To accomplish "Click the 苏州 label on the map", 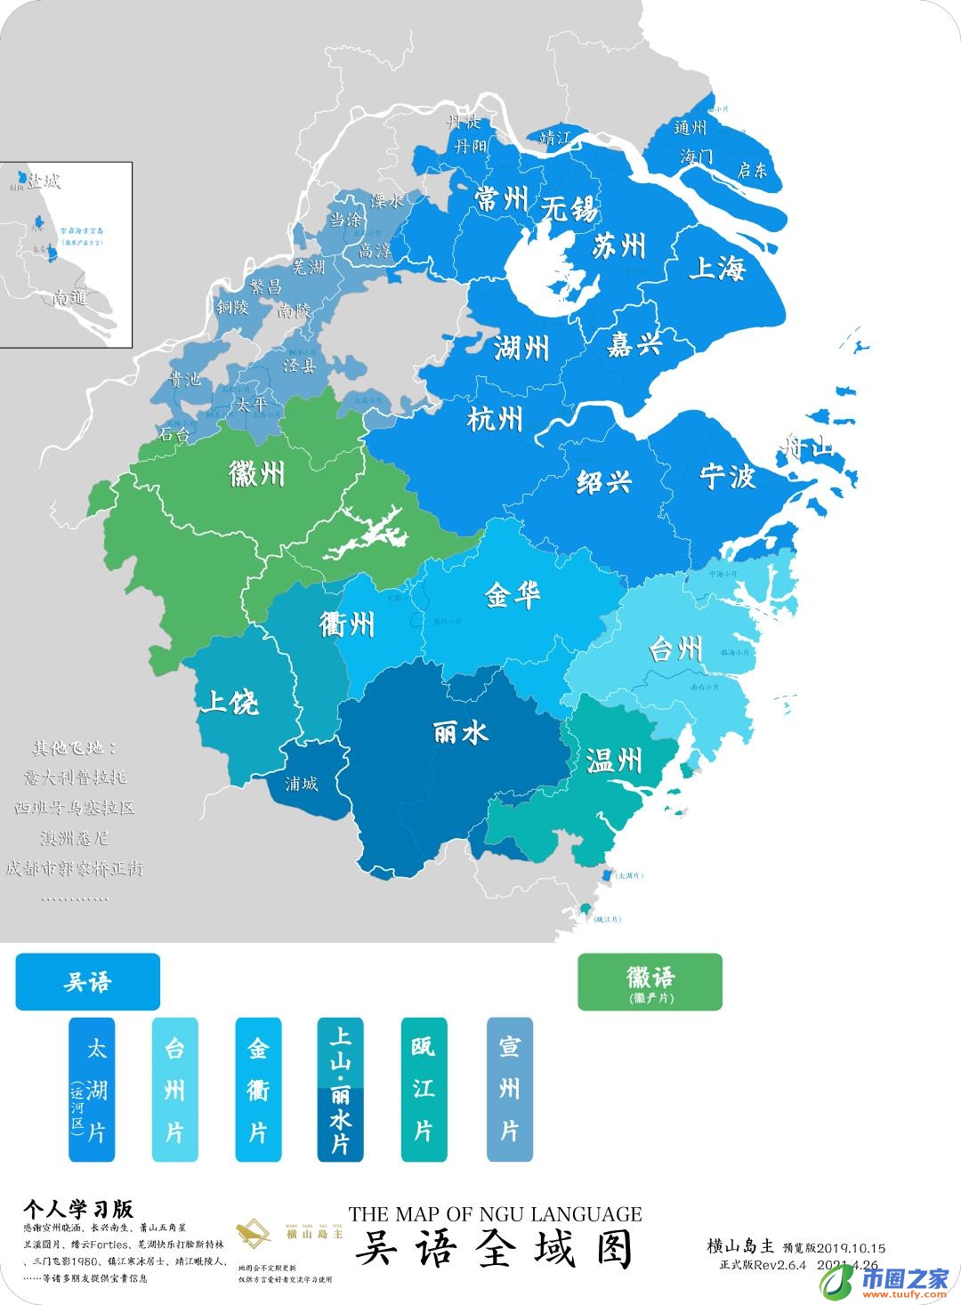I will coord(619,246).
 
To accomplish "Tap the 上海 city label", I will coord(716,267).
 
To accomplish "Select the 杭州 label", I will coord(495,417).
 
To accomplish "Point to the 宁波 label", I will coord(727,477).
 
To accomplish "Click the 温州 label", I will coord(614,760).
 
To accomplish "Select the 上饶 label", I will coord(229,703).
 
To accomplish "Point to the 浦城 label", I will coord(301,784).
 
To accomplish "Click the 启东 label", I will coord(752,170).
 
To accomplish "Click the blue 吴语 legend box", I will coord(87,982).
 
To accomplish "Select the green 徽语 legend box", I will coord(650,982).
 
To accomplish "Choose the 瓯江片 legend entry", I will coord(424,1090).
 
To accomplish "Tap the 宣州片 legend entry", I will coord(509,1090).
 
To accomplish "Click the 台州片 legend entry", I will coord(174,1090).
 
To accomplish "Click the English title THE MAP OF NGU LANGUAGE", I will coord(495,1213).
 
